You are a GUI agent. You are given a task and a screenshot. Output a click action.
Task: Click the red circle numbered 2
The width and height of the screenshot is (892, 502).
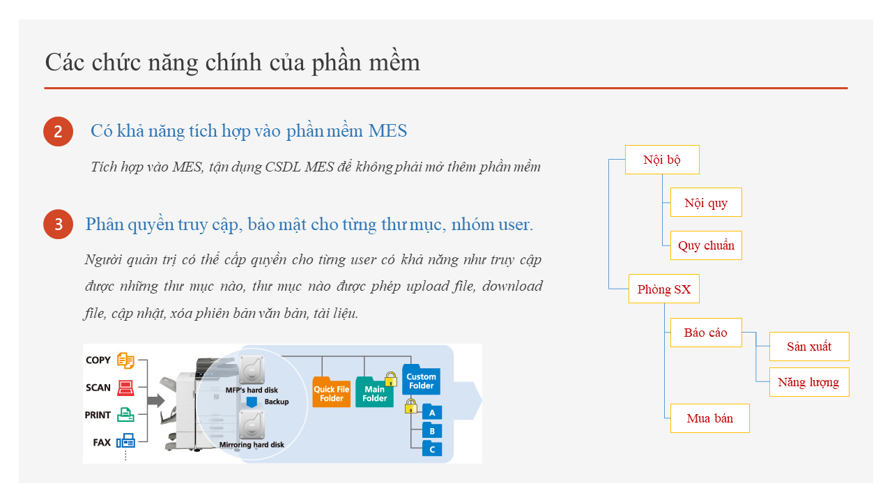(x=58, y=132)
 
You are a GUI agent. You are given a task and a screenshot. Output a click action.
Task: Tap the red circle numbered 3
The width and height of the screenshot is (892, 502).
(x=58, y=225)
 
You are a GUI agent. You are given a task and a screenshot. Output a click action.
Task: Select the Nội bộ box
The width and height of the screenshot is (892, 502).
(x=662, y=160)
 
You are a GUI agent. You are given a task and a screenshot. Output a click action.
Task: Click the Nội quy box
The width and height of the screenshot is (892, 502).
(x=706, y=202)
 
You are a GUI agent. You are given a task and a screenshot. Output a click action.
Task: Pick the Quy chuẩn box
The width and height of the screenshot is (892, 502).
(x=706, y=245)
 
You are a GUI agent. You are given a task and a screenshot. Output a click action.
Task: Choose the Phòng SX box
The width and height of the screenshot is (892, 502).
(x=664, y=289)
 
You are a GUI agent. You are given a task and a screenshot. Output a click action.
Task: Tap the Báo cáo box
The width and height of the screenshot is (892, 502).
(x=706, y=333)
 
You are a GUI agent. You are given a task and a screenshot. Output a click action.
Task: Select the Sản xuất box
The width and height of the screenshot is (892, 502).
(x=809, y=347)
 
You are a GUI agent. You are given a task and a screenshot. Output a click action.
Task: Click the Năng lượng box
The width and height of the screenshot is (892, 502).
(x=809, y=382)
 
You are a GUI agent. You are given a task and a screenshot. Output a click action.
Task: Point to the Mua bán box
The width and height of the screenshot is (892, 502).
(x=710, y=418)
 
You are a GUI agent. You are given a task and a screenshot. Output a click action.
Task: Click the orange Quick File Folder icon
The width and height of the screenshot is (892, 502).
(x=331, y=392)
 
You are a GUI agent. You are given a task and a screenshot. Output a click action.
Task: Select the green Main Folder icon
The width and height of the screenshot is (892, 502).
(x=374, y=392)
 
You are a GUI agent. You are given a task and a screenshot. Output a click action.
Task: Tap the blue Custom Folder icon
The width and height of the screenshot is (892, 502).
(x=421, y=379)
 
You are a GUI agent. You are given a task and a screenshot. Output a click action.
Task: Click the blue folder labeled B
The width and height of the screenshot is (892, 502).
(x=432, y=431)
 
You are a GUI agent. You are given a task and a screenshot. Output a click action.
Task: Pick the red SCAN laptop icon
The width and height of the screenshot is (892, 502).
(x=125, y=388)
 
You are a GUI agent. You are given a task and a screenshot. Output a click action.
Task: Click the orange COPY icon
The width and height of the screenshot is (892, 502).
(x=125, y=360)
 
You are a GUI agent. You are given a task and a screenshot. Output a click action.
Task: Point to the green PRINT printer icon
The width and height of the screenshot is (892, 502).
(x=125, y=415)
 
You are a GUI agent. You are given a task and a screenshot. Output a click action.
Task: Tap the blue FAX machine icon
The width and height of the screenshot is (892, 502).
(x=125, y=441)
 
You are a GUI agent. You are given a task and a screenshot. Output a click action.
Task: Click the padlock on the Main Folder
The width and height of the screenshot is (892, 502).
(x=391, y=379)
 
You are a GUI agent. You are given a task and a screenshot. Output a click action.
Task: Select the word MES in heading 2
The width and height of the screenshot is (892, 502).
(x=387, y=131)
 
